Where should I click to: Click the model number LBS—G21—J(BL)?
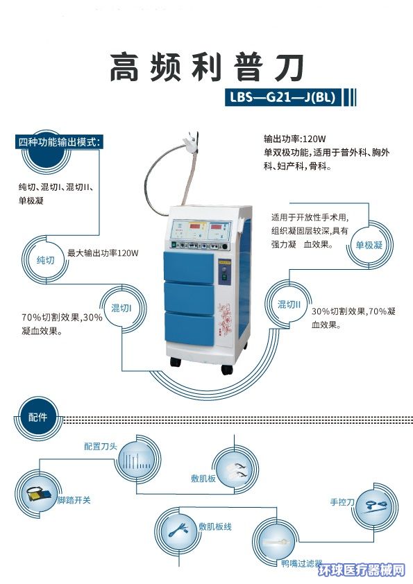[283, 98]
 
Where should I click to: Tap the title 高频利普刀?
[207, 68]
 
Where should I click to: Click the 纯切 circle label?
[46, 260]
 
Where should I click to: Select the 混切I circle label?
[121, 308]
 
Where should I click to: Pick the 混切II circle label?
[289, 304]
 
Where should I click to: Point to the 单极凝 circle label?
[369, 245]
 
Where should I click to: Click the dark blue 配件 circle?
[37, 417]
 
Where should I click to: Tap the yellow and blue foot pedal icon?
[37, 494]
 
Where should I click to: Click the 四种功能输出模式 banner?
[60, 142]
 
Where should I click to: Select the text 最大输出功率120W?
[103, 253]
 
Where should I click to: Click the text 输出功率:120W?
[295, 139]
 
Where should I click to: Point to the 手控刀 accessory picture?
[376, 506]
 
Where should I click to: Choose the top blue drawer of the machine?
[189, 266]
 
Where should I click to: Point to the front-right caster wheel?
[227, 369]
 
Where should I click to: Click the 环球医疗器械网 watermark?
[362, 570]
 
